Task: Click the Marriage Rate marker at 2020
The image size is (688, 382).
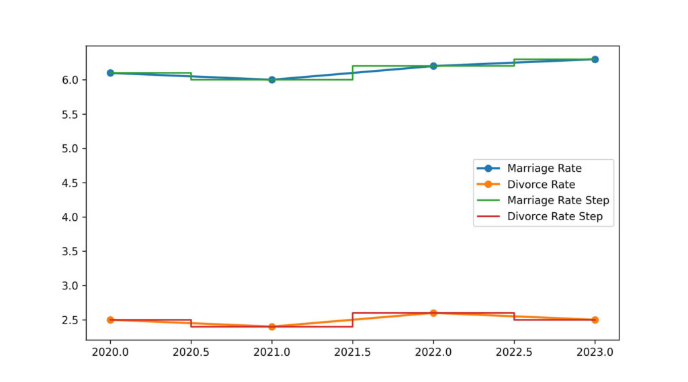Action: (110, 73)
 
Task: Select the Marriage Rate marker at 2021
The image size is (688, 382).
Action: (271, 79)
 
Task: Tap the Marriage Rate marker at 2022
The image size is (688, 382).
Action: (433, 66)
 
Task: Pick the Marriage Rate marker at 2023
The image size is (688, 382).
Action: (595, 59)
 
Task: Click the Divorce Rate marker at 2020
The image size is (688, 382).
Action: (110, 320)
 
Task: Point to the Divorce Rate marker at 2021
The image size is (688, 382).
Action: (271, 326)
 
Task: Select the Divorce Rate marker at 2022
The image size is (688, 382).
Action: (433, 313)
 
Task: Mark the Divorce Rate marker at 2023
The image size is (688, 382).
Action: (595, 320)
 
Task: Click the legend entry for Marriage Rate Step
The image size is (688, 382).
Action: (558, 200)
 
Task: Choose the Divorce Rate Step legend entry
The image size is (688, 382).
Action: (554, 216)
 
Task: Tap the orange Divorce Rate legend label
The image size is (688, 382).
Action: (541, 184)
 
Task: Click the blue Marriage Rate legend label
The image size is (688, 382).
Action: (544, 168)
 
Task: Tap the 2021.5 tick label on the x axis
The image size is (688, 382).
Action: (353, 351)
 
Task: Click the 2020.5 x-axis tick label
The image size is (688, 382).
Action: (191, 351)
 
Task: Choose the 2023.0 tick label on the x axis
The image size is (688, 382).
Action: (595, 351)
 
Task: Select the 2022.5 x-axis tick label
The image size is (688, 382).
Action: (514, 351)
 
